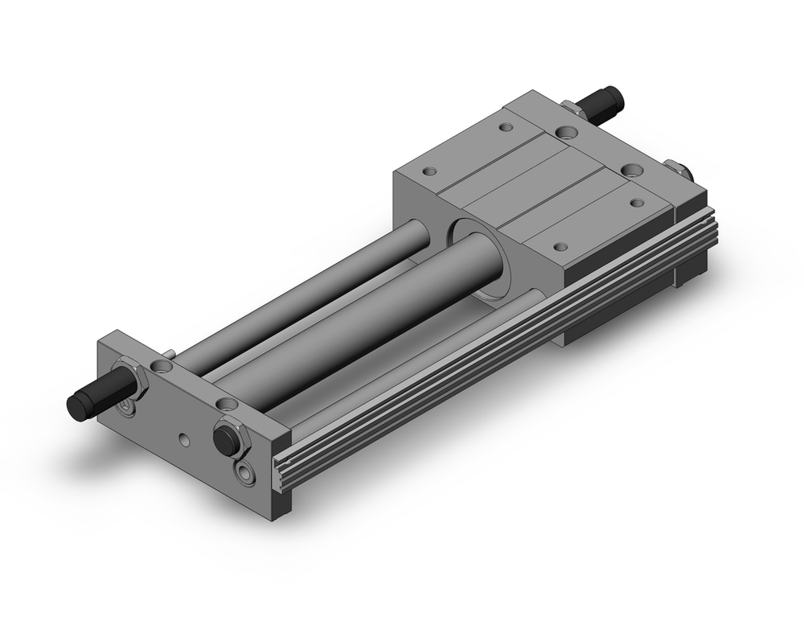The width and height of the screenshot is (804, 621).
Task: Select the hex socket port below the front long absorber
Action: (x=128, y=409)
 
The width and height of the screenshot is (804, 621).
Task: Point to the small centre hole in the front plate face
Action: (x=185, y=439)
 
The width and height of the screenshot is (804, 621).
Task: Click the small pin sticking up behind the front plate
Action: (x=171, y=353)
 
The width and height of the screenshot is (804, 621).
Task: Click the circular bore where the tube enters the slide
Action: (x=480, y=257)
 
